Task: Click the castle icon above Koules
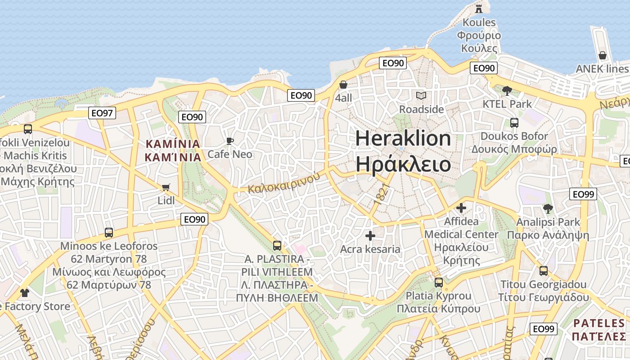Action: pos(479,8)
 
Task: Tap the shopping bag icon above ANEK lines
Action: pos(603,55)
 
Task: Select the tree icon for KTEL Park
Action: pos(507,90)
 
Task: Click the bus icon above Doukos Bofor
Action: pos(514,122)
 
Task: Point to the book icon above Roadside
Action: pos(421,95)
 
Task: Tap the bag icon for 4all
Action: pos(343,85)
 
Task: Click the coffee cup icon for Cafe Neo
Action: pos(230,141)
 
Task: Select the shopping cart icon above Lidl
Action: pos(166,187)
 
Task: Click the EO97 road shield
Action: pos(103,113)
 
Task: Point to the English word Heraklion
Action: pos(403,138)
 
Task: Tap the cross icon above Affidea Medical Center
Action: pos(461,208)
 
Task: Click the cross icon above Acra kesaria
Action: pos(370,236)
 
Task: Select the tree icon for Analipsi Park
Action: pos(548,209)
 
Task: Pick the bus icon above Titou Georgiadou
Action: pos(544,271)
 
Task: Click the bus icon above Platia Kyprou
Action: pos(439,283)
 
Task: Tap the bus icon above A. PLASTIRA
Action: pos(277,246)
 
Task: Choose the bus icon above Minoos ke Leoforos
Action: pos(109,233)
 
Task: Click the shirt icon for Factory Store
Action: pos(24,293)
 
